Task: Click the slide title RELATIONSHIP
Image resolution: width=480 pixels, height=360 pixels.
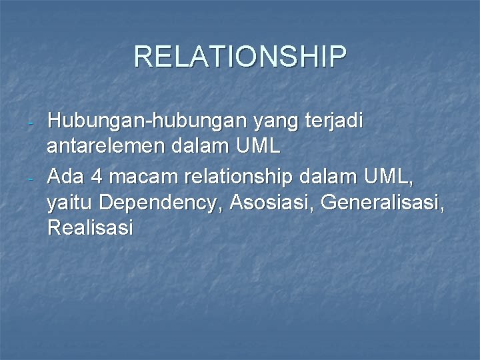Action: click(x=240, y=57)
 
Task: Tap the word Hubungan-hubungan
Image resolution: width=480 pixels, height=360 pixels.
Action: click(x=147, y=123)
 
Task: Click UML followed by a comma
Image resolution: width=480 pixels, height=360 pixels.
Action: click(x=389, y=176)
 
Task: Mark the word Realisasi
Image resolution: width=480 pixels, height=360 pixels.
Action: click(x=91, y=228)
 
